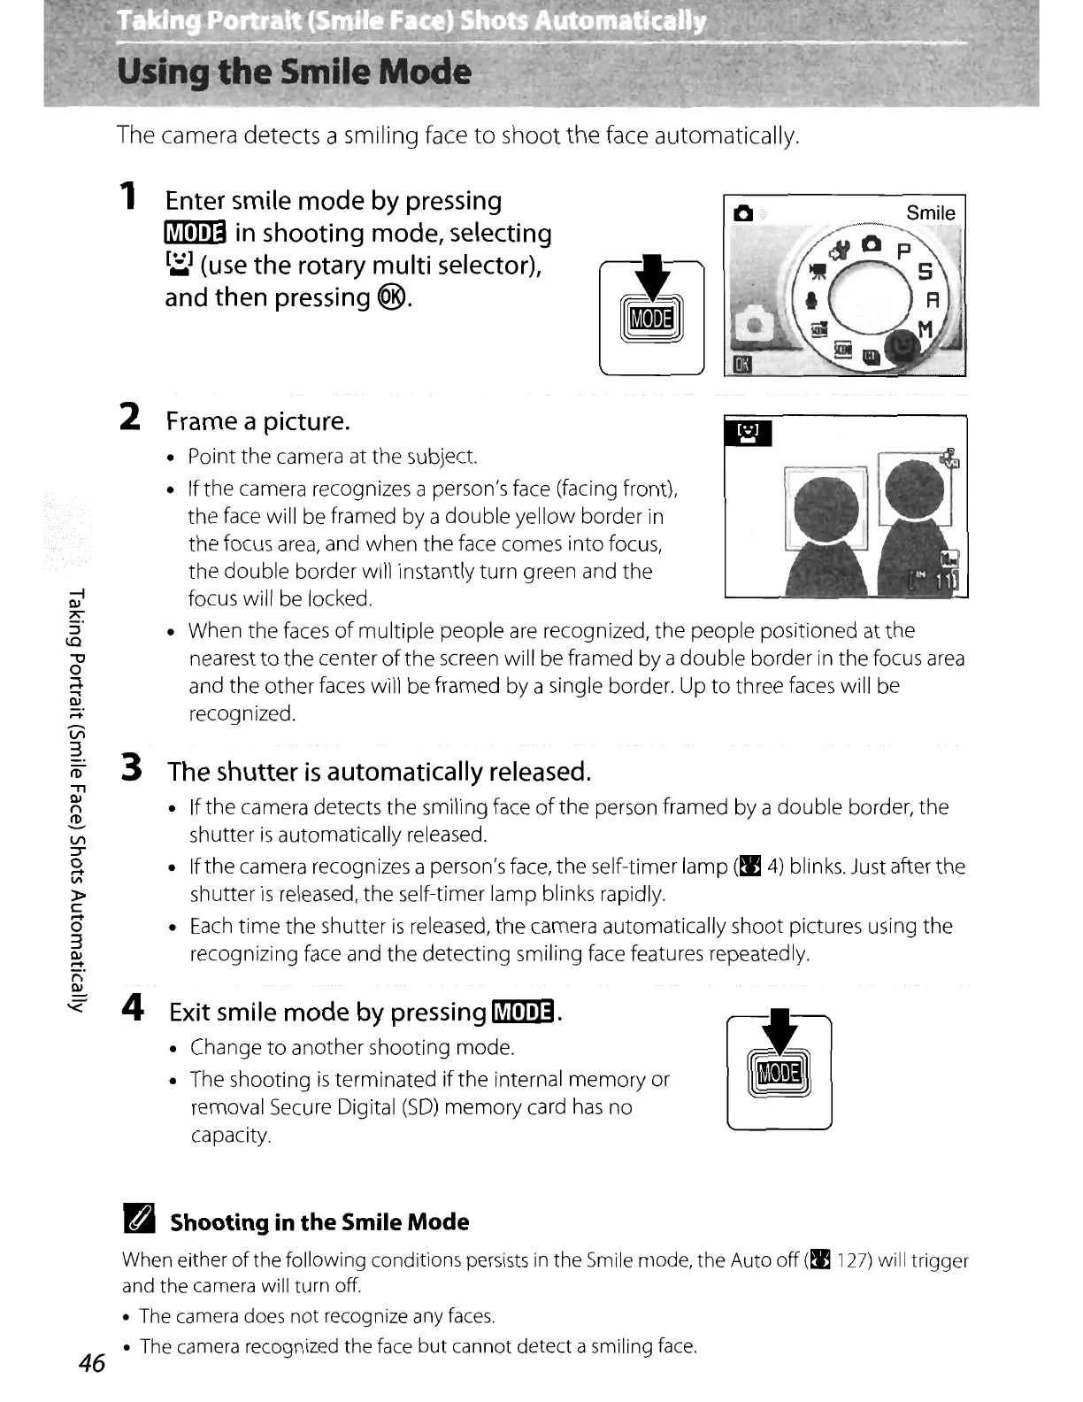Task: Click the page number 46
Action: pos(91,1363)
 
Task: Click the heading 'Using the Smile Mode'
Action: pos(294,72)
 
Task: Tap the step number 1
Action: pos(129,196)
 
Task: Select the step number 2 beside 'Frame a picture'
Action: pos(130,416)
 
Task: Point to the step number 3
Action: pos(132,767)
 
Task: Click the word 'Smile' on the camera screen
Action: pos(930,213)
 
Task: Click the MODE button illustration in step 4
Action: pos(779,1075)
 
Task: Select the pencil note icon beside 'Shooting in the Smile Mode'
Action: pos(140,1221)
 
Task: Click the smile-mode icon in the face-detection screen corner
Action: pos(748,434)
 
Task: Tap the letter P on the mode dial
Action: pos(903,250)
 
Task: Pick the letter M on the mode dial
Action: pos(926,330)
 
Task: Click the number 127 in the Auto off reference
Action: pos(853,1259)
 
